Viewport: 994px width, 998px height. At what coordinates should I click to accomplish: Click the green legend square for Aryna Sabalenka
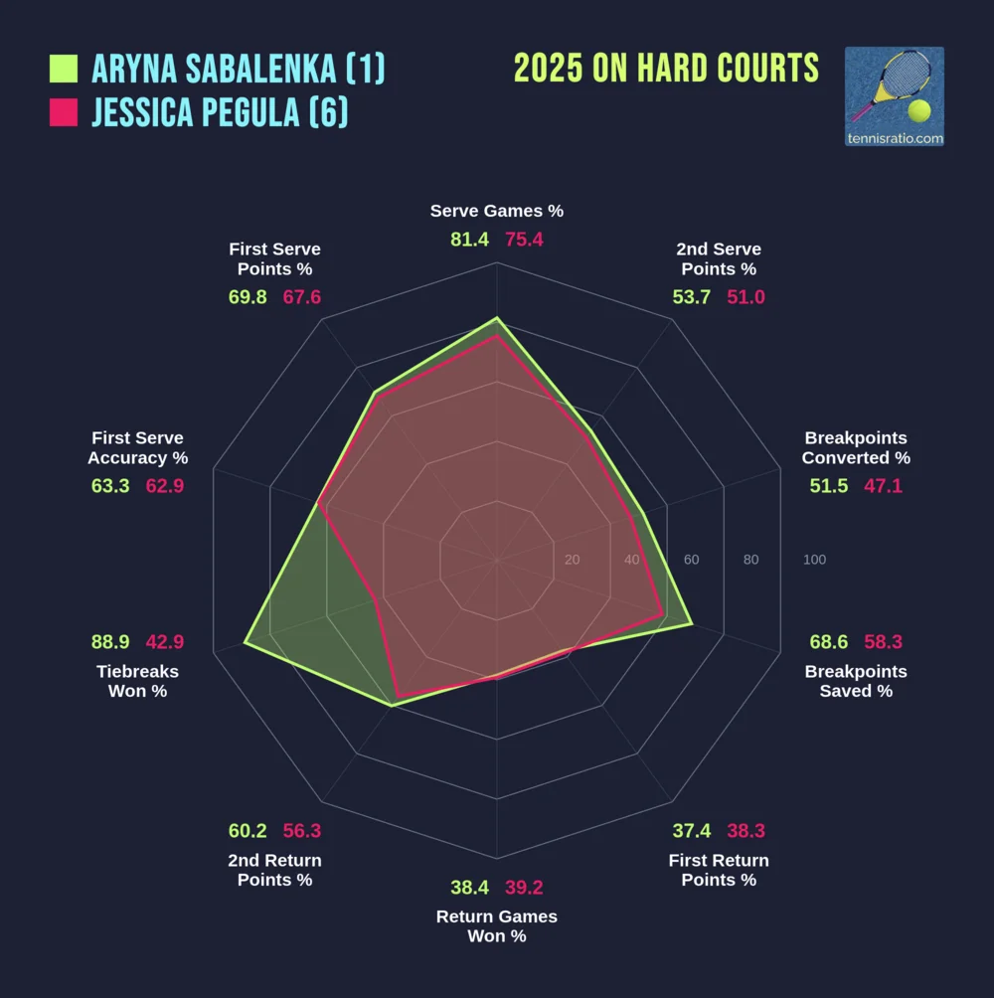[64, 69]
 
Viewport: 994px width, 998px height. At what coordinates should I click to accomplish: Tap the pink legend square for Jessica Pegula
[64, 112]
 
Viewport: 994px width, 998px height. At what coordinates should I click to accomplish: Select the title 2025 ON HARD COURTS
[666, 69]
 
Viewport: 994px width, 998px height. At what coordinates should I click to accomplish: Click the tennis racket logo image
[894, 96]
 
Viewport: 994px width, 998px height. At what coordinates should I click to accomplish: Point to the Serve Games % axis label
[497, 211]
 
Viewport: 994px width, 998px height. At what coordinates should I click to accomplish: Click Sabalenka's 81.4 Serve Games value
[469, 240]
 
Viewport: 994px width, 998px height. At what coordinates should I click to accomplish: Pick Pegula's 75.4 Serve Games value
[524, 240]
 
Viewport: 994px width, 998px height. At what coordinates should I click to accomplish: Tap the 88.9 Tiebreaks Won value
[110, 642]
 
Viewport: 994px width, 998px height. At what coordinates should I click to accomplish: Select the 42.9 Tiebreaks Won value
[165, 642]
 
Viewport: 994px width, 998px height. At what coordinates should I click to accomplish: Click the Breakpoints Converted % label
[856, 448]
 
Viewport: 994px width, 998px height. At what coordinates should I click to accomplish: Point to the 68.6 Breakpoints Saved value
[829, 642]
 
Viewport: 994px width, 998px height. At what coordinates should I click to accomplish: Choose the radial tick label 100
[814, 560]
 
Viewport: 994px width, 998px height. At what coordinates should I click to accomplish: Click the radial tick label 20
[572, 560]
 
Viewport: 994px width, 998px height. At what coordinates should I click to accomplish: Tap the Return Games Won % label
[497, 926]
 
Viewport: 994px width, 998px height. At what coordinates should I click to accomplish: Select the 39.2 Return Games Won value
[524, 888]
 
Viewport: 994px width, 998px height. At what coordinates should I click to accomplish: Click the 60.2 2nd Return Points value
[248, 831]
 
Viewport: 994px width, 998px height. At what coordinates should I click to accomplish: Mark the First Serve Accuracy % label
[138, 448]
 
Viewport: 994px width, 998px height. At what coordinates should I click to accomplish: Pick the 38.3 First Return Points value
[745, 831]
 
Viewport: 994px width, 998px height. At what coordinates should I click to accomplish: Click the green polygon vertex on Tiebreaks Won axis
[246, 644]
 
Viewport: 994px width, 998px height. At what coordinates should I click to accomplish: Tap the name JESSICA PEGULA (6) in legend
[220, 112]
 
